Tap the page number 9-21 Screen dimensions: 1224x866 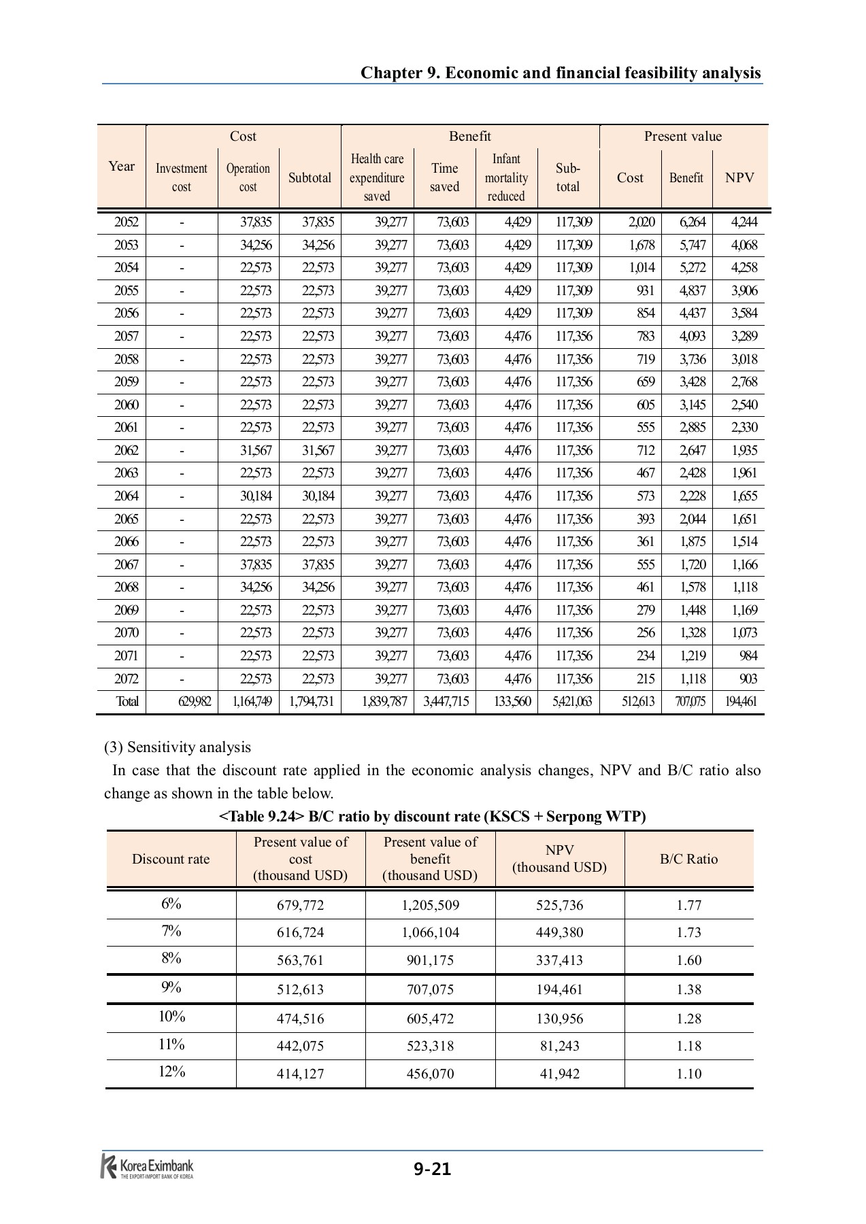point(432,1169)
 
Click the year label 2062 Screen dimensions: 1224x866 point(126,450)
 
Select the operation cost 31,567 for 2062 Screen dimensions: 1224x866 point(255,450)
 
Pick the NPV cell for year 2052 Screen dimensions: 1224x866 point(744,222)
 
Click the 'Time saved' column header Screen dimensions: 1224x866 point(444,177)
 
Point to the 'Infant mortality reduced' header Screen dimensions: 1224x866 point(506,177)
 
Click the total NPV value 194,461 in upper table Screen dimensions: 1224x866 point(740,702)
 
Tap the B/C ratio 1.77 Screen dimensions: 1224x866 point(688,905)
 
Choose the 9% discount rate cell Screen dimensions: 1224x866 point(171,987)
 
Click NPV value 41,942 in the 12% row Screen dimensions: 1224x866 point(559,1074)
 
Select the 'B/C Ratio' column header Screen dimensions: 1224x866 point(688,859)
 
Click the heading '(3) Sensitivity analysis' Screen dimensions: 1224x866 point(177,747)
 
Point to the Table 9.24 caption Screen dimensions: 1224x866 point(432,816)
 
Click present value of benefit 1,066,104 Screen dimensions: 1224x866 point(430,932)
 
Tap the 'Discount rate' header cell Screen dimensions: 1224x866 point(171,859)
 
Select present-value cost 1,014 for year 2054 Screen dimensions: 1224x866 point(641,267)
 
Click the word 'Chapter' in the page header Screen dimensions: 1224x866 point(391,73)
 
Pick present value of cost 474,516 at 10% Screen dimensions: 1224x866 point(300,1019)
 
